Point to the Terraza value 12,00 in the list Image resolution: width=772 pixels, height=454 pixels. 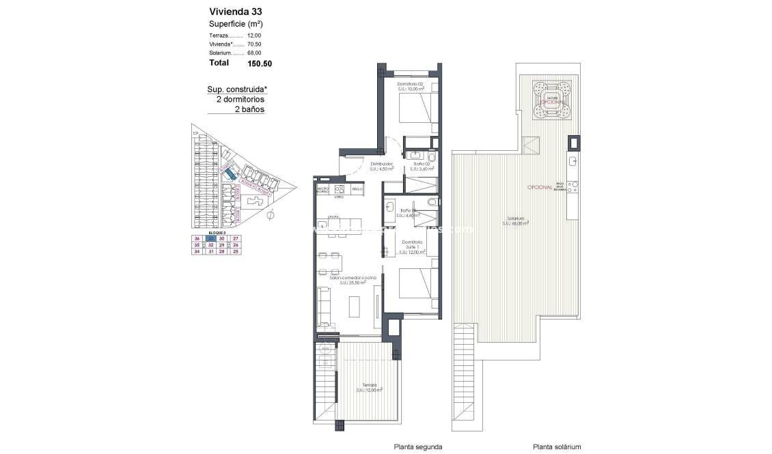coord(254,35)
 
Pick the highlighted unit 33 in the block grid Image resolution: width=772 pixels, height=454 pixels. coord(211,238)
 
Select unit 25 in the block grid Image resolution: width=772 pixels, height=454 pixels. coord(236,252)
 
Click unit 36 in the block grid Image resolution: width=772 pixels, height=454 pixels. coord(197,238)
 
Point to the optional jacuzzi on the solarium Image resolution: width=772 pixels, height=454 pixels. coord(552,99)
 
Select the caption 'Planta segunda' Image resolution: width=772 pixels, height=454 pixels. coord(417,446)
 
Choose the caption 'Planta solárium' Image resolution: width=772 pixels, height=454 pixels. coord(557,446)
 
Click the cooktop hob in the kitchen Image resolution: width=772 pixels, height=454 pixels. coord(339,188)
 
